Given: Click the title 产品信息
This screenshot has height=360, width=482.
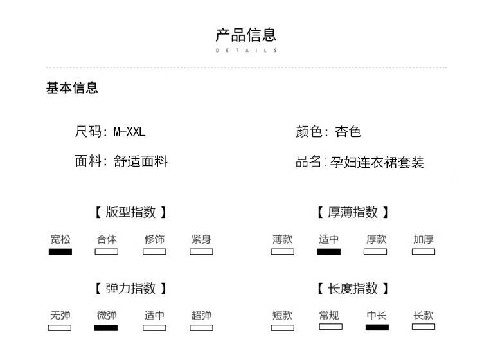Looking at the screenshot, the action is [x=246, y=35].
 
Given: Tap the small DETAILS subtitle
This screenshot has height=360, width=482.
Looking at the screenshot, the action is [x=246, y=50].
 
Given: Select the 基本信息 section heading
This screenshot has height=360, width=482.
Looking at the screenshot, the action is [x=72, y=88].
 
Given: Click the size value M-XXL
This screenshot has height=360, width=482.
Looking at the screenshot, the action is [x=130, y=132].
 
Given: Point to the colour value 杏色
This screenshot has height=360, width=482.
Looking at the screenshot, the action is [x=348, y=132].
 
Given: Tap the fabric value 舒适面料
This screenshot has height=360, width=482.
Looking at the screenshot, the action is [x=140, y=161].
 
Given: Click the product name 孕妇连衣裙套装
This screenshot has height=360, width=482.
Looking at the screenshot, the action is [x=377, y=162].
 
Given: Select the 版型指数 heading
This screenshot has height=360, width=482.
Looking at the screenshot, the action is [x=130, y=212].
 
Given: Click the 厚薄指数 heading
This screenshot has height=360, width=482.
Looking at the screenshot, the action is [x=353, y=212].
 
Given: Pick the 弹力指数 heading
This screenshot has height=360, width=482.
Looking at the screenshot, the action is [x=130, y=289].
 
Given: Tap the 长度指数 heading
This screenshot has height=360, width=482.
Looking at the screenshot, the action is [x=353, y=289].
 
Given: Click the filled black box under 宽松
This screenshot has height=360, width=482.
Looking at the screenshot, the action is [x=60, y=251].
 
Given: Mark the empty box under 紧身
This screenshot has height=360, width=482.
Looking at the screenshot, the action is [x=201, y=251].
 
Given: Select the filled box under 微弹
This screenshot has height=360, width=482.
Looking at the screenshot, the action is [x=106, y=328].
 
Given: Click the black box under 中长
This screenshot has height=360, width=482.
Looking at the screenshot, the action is [x=377, y=327].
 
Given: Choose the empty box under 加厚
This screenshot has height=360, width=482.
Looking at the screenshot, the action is [x=424, y=251].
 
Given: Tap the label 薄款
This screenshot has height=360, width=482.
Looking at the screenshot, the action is [x=282, y=239].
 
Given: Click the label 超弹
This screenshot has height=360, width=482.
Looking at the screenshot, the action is [x=201, y=316].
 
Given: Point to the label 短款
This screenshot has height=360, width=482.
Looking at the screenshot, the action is [x=282, y=316].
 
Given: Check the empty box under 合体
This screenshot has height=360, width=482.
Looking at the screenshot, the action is [x=107, y=251].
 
